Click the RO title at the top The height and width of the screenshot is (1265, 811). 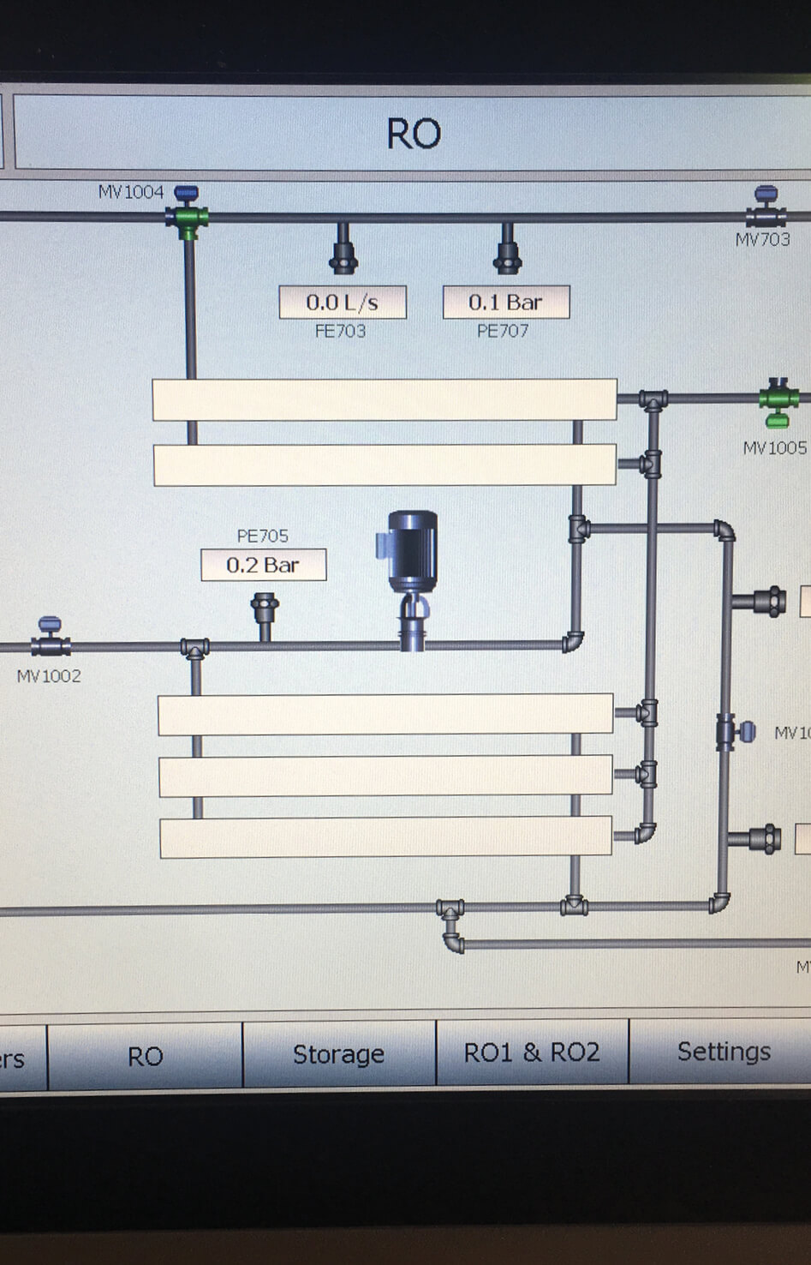[414, 134]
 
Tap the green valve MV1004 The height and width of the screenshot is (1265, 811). [187, 214]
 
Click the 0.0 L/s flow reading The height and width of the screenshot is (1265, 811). [343, 303]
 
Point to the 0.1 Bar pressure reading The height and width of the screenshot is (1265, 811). [505, 303]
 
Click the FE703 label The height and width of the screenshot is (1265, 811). [340, 331]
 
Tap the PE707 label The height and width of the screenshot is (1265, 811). [503, 331]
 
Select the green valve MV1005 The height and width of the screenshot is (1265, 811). [777, 401]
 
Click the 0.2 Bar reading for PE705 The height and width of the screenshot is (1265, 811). [263, 565]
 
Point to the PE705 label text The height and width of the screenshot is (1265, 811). [262, 536]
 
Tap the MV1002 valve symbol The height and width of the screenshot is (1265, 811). [50, 638]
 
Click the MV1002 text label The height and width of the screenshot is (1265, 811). [49, 676]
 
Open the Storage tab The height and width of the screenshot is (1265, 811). [338, 1054]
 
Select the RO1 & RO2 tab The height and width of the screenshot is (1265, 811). [532, 1052]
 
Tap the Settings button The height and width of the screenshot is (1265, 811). [724, 1052]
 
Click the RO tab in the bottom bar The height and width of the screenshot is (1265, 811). [145, 1057]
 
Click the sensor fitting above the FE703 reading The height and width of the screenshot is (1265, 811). [343, 250]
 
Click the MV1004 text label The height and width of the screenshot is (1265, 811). [130, 192]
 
